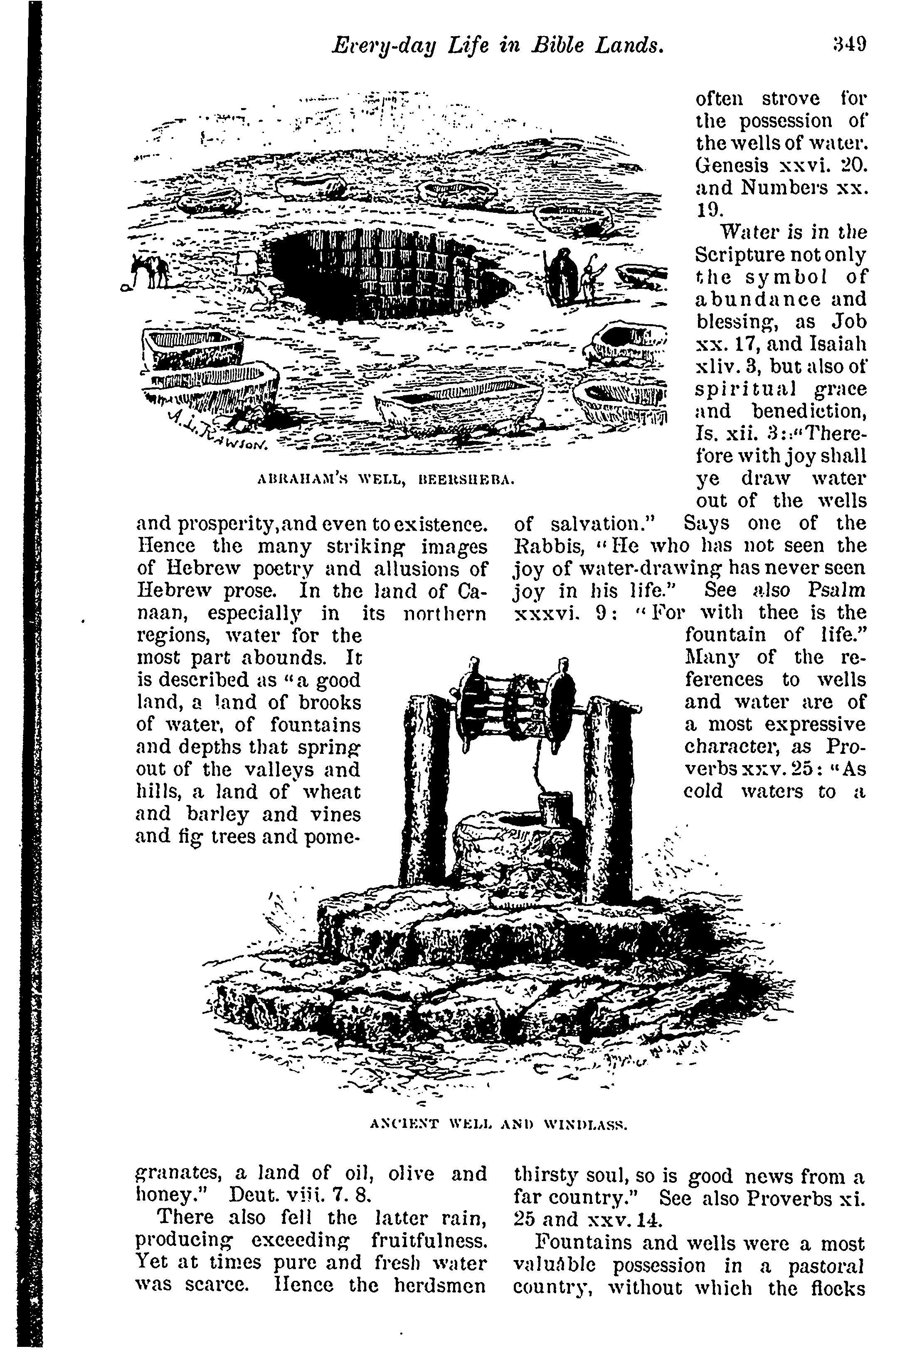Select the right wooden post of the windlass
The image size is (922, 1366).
pos(611,800)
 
